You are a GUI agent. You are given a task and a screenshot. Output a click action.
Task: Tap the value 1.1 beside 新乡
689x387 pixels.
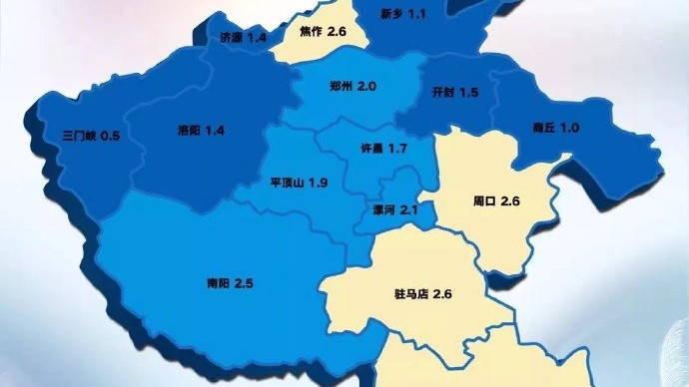point(417,14)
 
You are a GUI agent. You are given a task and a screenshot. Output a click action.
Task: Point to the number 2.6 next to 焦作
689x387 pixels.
point(336,33)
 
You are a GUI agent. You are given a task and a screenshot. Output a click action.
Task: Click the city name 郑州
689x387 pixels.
point(341,87)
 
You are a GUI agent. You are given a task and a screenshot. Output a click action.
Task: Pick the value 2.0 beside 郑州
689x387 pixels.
point(366,87)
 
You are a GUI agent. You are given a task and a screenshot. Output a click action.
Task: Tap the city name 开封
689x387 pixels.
point(442,92)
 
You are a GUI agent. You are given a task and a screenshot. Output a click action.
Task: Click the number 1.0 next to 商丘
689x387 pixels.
point(569,127)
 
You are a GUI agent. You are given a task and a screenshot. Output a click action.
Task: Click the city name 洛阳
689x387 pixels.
point(188,131)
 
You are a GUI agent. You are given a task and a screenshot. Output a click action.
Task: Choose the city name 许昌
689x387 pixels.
point(370,149)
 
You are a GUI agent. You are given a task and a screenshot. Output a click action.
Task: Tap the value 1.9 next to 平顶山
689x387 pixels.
point(319,183)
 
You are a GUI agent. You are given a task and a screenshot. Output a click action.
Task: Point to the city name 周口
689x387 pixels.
point(484,200)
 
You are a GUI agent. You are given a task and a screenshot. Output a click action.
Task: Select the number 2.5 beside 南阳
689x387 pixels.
point(244,283)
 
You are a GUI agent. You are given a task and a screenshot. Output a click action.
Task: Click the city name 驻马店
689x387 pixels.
point(411,295)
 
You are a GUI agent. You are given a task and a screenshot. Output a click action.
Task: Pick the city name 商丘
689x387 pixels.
point(543,127)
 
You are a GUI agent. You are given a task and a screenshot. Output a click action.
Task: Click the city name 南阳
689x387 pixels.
point(217,283)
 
